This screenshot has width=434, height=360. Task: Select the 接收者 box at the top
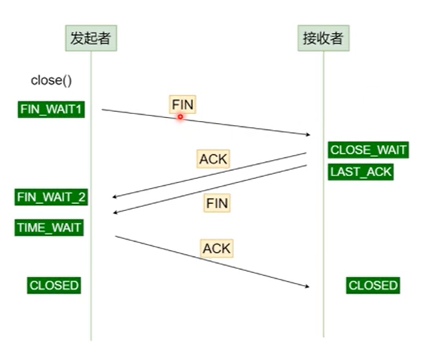[323, 38]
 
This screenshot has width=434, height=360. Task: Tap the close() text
[51, 81]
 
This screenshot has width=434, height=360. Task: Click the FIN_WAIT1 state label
[52, 109]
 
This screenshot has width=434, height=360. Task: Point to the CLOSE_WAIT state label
[368, 150]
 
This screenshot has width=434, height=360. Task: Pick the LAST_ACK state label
[361, 171]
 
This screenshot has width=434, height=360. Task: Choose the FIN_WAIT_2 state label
[52, 197]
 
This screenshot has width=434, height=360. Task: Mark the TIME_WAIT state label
[49, 227]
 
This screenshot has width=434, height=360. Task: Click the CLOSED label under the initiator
[54, 286]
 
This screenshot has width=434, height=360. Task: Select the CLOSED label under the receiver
[373, 286]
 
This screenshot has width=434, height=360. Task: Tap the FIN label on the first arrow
[182, 105]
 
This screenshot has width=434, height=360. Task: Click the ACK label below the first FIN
[214, 159]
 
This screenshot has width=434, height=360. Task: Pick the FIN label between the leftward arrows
[216, 203]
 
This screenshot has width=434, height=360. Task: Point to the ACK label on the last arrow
[217, 249]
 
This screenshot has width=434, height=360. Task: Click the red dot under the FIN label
[181, 117]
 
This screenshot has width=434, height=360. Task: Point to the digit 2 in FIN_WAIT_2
[82, 197]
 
